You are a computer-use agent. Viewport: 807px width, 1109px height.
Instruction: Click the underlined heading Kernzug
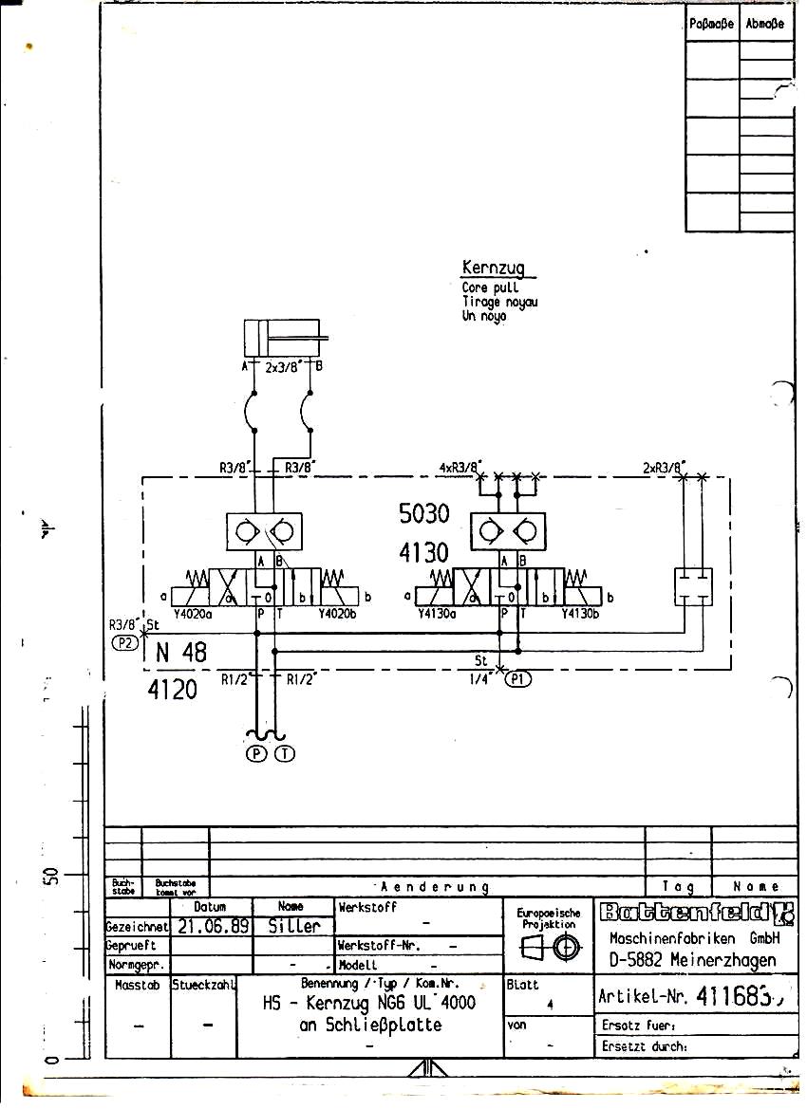[493, 268]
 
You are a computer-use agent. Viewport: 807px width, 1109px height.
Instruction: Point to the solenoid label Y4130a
[438, 612]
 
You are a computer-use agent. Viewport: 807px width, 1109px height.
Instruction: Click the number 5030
[424, 514]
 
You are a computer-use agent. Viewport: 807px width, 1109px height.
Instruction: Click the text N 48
[180, 653]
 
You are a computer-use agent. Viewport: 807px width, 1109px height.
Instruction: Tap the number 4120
[173, 690]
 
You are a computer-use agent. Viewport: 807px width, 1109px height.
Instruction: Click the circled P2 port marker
[124, 641]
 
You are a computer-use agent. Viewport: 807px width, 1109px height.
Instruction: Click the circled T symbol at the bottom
[284, 754]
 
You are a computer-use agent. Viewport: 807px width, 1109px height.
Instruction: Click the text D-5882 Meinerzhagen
[693, 959]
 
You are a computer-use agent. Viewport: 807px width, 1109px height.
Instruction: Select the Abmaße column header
[765, 24]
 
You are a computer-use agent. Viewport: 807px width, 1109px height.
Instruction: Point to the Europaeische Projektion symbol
[549, 947]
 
